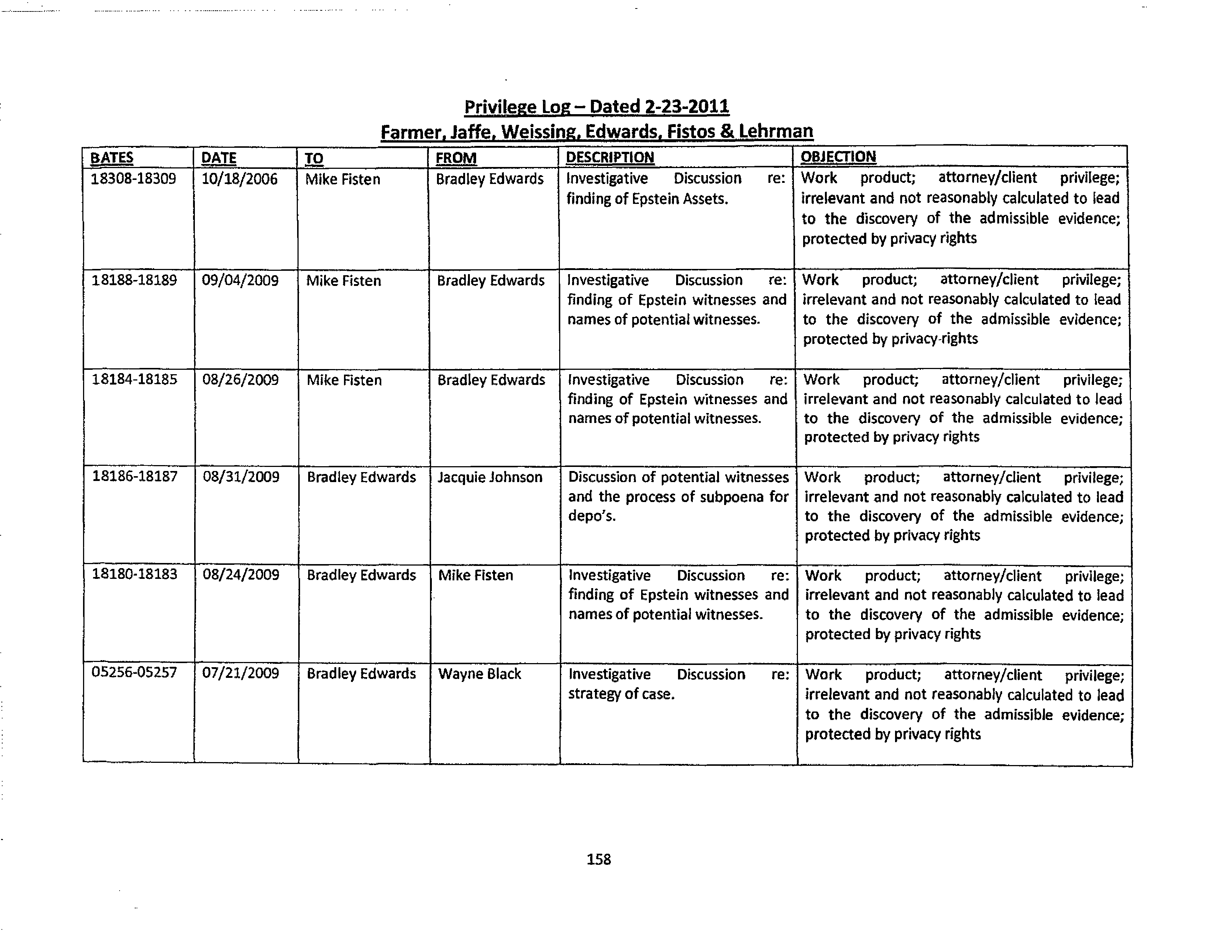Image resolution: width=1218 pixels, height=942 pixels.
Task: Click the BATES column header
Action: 111,158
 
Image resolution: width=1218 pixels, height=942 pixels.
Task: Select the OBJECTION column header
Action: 838,157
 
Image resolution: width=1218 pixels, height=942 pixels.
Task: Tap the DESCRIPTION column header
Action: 610,157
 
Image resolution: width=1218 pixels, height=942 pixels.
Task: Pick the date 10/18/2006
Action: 239,179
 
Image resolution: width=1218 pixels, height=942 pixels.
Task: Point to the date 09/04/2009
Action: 240,280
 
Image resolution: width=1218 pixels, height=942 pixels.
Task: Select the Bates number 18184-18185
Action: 134,379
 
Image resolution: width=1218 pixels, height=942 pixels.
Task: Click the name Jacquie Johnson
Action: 490,477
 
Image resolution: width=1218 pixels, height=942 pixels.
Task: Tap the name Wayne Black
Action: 479,673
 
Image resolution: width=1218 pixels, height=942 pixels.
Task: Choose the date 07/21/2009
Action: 240,673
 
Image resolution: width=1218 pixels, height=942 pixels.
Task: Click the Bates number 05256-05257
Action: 134,672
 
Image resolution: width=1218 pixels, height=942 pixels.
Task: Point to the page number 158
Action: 598,859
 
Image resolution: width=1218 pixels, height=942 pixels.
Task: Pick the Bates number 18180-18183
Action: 134,574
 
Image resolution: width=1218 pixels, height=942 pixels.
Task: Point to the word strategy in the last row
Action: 595,694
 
